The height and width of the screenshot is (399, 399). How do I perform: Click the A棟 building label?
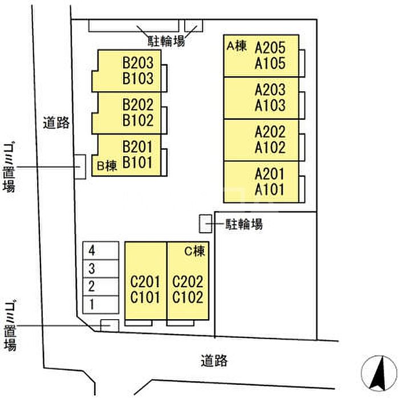click(237, 46)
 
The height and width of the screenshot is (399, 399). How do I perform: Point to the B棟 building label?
click(107, 166)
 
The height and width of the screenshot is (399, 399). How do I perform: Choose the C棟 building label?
click(194, 250)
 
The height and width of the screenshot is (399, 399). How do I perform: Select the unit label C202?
click(188, 282)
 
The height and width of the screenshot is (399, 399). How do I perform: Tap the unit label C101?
click(145, 298)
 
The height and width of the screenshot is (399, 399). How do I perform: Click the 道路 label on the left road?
click(56, 122)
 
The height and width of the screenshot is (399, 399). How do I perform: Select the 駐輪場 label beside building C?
click(243, 224)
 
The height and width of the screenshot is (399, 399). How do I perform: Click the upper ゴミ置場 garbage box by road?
click(80, 167)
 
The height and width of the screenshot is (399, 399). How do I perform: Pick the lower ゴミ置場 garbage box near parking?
click(109, 325)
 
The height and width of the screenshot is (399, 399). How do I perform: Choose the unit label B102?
click(138, 121)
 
